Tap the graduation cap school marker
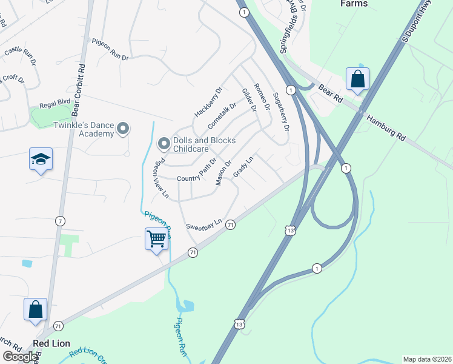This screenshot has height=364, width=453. (41, 160)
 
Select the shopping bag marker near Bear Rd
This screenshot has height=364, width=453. (357, 79)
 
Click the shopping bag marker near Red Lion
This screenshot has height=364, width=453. (36, 309)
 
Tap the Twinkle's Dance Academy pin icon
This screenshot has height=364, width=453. (123, 128)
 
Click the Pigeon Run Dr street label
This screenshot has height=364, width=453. (110, 50)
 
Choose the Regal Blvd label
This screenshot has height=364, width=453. (56, 104)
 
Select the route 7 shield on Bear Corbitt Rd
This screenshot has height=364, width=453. (60, 221)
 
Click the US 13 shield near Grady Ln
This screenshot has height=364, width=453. (291, 231)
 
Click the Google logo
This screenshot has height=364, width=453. (20, 357)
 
